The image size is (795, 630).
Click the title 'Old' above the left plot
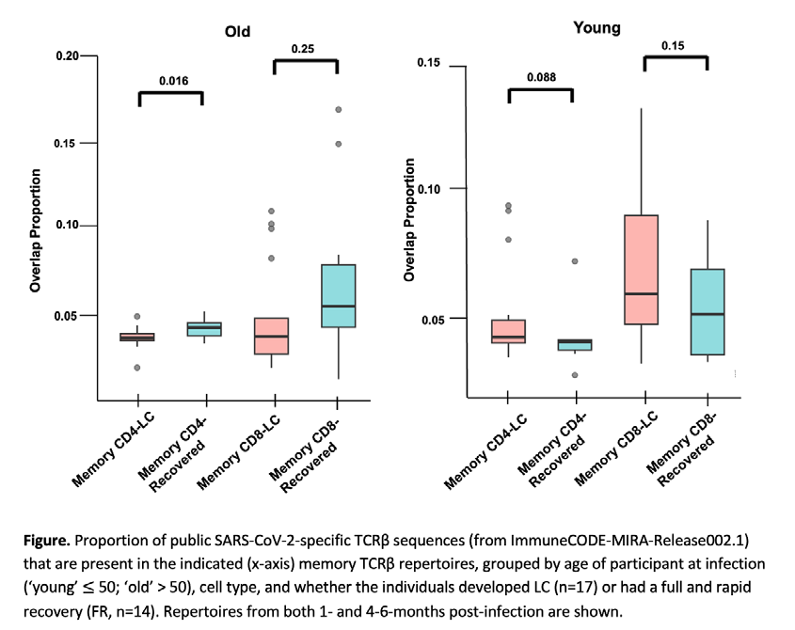(x=237, y=31)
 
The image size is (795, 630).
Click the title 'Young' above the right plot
(x=596, y=28)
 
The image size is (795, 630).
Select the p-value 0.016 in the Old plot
(x=173, y=81)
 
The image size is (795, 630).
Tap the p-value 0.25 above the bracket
(x=303, y=49)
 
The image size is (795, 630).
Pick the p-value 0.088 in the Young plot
(x=541, y=77)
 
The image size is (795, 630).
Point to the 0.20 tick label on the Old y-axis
(x=68, y=55)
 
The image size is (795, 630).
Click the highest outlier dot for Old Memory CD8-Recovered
(x=338, y=109)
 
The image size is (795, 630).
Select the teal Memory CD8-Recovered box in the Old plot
(x=339, y=296)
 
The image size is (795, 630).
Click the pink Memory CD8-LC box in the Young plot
(x=642, y=270)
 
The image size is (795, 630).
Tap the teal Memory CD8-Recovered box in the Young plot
(x=708, y=311)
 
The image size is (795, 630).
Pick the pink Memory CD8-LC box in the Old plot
(x=272, y=336)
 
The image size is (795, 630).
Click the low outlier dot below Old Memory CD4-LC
(x=137, y=368)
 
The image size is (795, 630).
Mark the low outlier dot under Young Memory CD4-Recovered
(x=575, y=375)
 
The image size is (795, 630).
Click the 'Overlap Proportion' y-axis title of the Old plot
(x=35, y=230)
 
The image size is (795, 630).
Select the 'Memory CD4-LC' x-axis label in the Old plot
(x=113, y=450)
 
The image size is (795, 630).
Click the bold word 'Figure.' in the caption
(x=47, y=541)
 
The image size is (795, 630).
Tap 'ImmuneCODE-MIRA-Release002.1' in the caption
(x=628, y=541)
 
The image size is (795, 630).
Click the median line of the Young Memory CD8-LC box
(x=642, y=293)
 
